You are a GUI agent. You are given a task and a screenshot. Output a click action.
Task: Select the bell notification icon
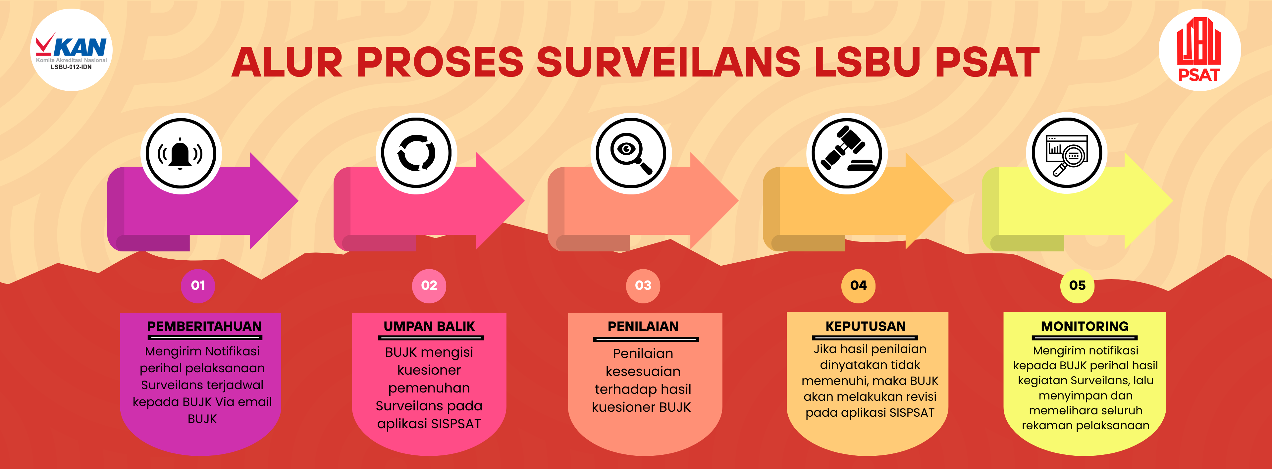(x=181, y=154)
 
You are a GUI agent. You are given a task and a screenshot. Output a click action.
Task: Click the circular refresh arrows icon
(x=416, y=154)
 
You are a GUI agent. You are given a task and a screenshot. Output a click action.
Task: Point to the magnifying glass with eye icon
(x=631, y=154)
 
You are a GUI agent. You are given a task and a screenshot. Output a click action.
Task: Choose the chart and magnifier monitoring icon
(x=1067, y=154)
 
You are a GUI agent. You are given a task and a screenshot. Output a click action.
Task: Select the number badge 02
(x=429, y=286)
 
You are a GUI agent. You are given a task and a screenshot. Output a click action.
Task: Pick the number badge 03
(x=643, y=286)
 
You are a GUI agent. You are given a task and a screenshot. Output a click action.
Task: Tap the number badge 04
(x=858, y=286)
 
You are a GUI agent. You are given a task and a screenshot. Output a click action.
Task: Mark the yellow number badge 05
(x=1078, y=286)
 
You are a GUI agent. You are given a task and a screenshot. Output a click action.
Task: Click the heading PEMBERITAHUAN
(x=204, y=326)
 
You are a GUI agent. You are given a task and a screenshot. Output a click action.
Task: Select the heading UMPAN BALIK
(x=429, y=326)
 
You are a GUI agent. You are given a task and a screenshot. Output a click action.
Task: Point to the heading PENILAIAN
(x=643, y=326)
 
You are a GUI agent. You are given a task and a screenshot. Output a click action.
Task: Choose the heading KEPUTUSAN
(x=866, y=326)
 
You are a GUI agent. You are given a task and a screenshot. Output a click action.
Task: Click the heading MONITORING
(x=1085, y=326)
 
